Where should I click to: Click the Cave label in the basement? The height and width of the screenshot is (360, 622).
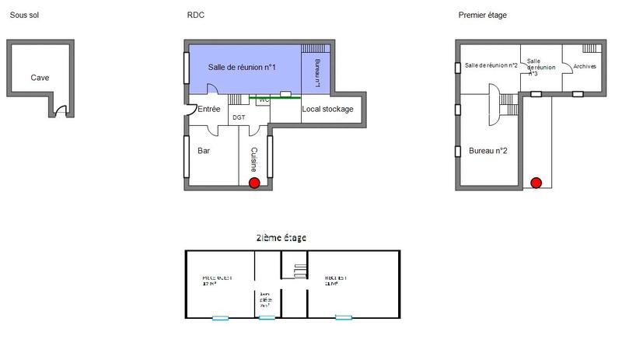(40, 78)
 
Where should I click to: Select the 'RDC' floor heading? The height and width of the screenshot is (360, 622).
(196, 16)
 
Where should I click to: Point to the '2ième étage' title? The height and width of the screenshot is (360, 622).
(281, 237)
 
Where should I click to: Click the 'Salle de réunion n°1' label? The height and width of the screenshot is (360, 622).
(243, 68)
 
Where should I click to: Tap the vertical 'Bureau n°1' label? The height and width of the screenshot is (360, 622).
(317, 72)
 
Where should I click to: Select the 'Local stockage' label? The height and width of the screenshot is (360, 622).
(327, 109)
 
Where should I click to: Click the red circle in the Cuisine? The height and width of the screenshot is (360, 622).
(253, 183)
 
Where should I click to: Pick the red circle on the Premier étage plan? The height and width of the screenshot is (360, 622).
(536, 183)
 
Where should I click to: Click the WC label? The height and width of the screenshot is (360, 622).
(263, 100)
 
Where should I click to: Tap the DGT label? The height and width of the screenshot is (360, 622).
(239, 117)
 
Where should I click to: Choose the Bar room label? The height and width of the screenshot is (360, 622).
(204, 150)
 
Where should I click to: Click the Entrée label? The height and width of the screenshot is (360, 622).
(209, 109)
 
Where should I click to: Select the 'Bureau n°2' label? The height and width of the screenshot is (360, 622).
(488, 150)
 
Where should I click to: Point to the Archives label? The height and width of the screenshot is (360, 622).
(584, 67)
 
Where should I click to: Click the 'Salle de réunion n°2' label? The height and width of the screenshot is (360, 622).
(491, 65)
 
